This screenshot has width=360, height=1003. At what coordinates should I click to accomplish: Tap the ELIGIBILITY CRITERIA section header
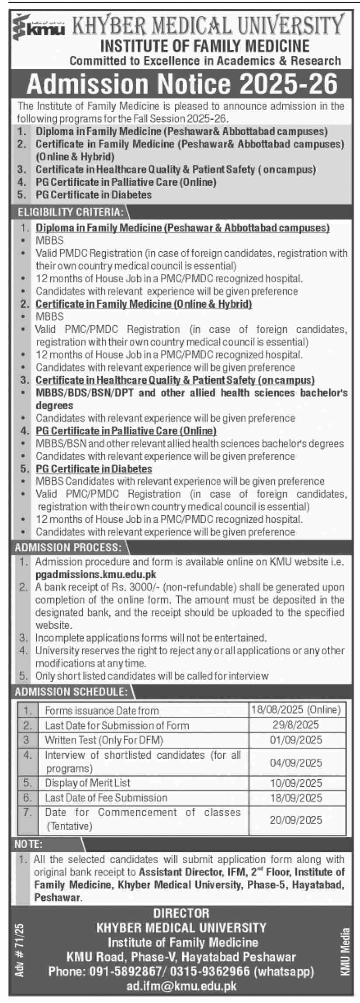(70, 212)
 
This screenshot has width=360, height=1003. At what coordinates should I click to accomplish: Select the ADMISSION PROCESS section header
(68, 547)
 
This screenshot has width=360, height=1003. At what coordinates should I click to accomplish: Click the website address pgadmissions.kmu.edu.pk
(96, 574)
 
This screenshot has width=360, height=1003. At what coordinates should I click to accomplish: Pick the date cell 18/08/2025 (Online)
(296, 710)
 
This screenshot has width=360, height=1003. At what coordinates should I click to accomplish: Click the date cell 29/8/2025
(296, 725)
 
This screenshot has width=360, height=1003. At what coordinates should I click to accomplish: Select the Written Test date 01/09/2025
(296, 739)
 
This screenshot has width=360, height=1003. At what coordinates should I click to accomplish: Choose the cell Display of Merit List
(88, 783)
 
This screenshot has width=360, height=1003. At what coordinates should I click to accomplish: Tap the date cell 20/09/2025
(296, 819)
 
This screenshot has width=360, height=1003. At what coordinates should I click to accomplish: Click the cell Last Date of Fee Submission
(106, 798)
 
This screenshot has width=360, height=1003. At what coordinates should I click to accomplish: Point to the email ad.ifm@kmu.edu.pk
(182, 986)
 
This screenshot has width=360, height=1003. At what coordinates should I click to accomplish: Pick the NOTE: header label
(28, 844)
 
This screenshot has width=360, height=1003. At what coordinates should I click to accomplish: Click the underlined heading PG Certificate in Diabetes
(94, 469)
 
